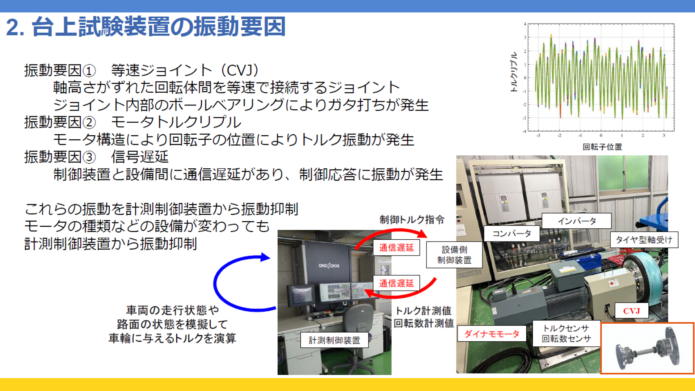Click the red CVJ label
(x=631, y=311)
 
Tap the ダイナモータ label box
(x=492, y=334)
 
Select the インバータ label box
(x=576, y=221)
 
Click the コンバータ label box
(x=511, y=234)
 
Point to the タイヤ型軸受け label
(x=644, y=240)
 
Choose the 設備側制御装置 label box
(x=454, y=255)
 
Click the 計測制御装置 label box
(x=334, y=340)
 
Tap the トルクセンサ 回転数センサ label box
(x=566, y=333)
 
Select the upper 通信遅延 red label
(x=396, y=248)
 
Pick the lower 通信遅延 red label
(x=396, y=283)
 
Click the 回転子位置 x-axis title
(x=602, y=147)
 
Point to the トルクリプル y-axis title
(x=514, y=72)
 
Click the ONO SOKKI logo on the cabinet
(x=329, y=266)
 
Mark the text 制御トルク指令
(x=412, y=220)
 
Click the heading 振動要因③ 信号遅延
(x=96, y=157)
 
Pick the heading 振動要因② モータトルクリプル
(x=132, y=122)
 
